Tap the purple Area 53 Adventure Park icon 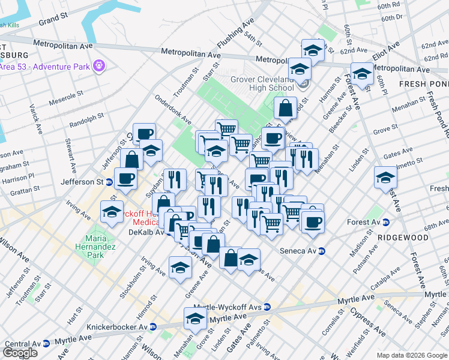99,65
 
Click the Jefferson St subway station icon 109,181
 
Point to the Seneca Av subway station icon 321,250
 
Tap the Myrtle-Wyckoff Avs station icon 267,307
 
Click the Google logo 20,353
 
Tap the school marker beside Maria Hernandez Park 112,211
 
